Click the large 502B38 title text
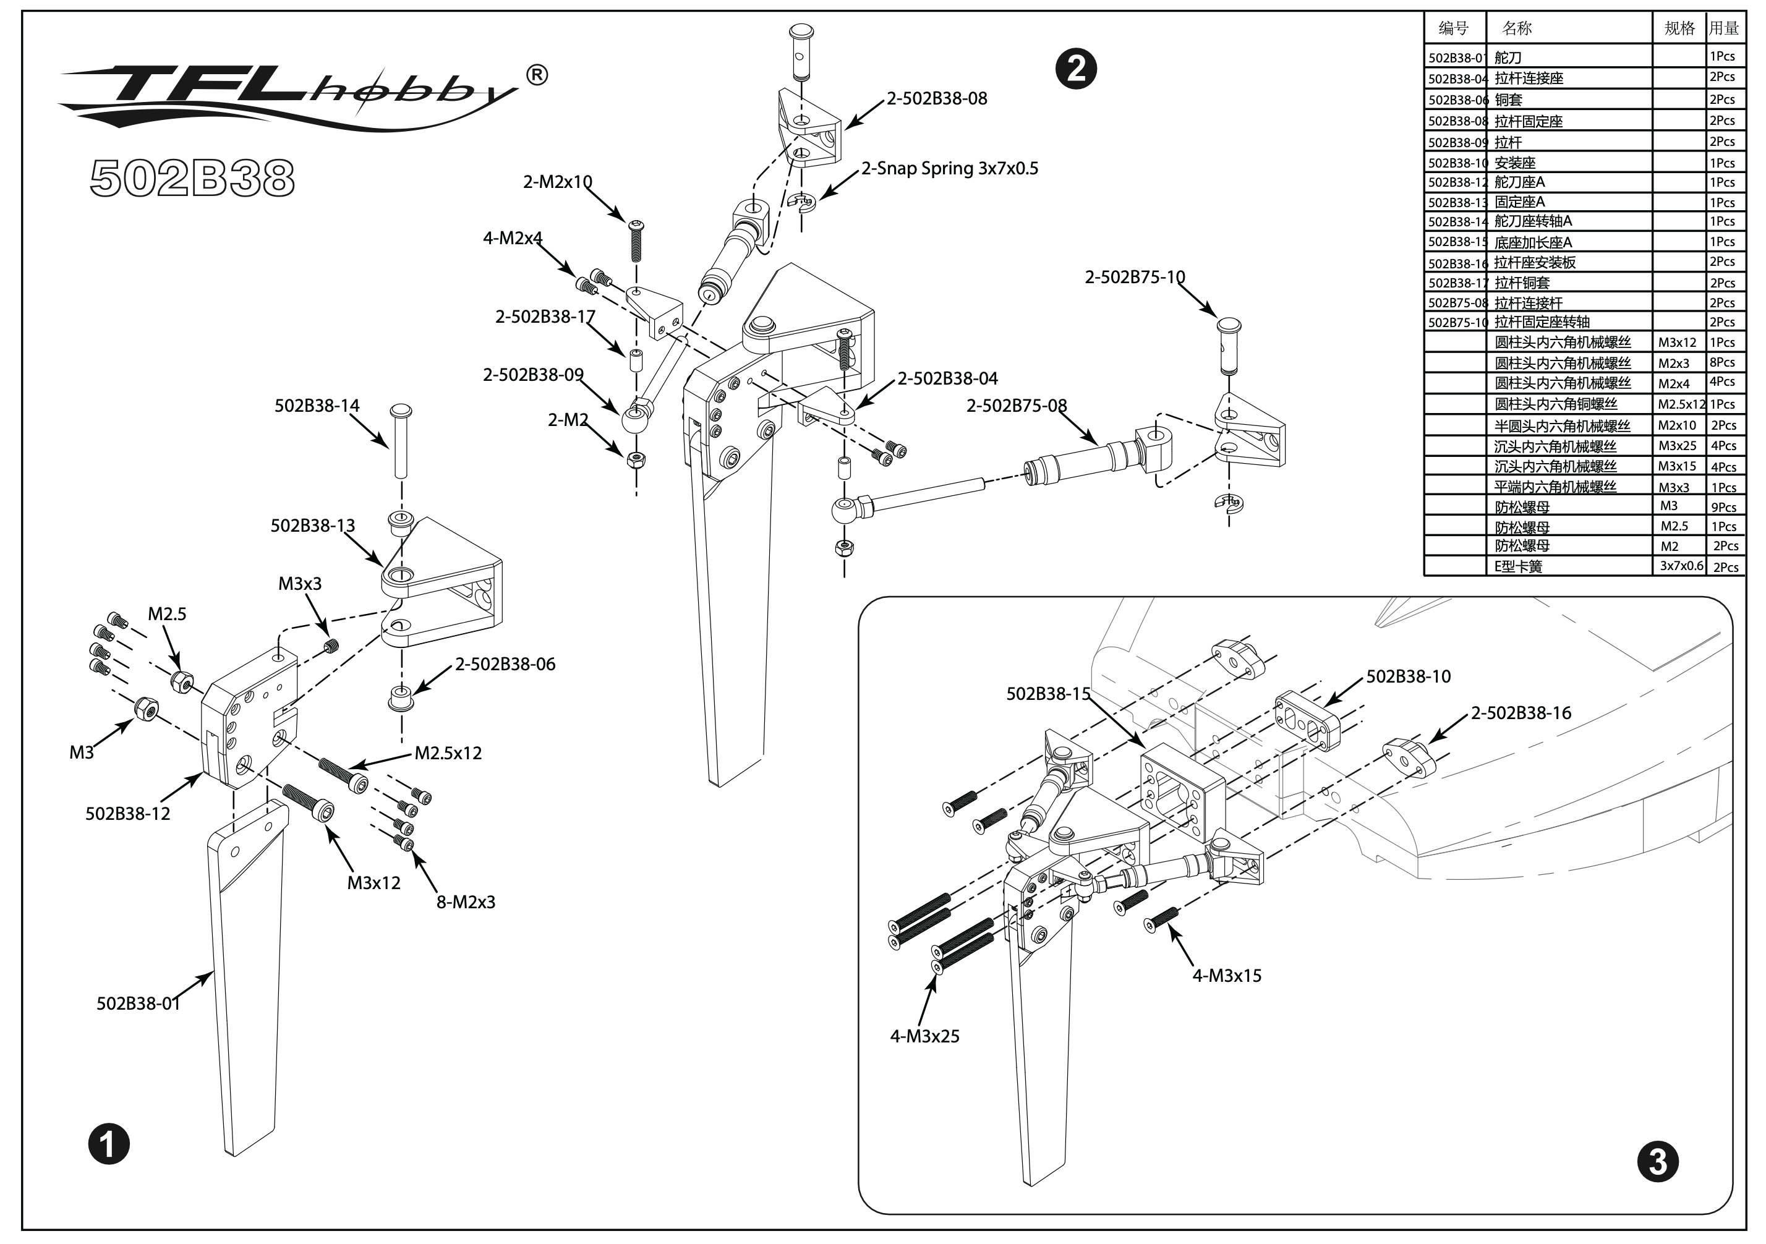coord(192,179)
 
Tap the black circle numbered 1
coord(108,1144)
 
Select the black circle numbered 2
coord(1075,69)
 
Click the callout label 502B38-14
coord(317,406)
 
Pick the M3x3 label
coord(300,584)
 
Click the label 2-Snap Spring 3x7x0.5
coord(950,168)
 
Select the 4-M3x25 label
coord(924,1036)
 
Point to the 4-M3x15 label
coord(1227,976)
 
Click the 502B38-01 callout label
coord(139,1003)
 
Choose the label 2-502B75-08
coord(1016,406)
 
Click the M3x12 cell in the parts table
coord(1677,343)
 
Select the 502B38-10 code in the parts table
coord(1456,163)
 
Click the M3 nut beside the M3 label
coord(146,708)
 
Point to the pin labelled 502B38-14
coord(401,441)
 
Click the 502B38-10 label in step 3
coord(1409,677)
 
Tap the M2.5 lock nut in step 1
coord(182,681)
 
